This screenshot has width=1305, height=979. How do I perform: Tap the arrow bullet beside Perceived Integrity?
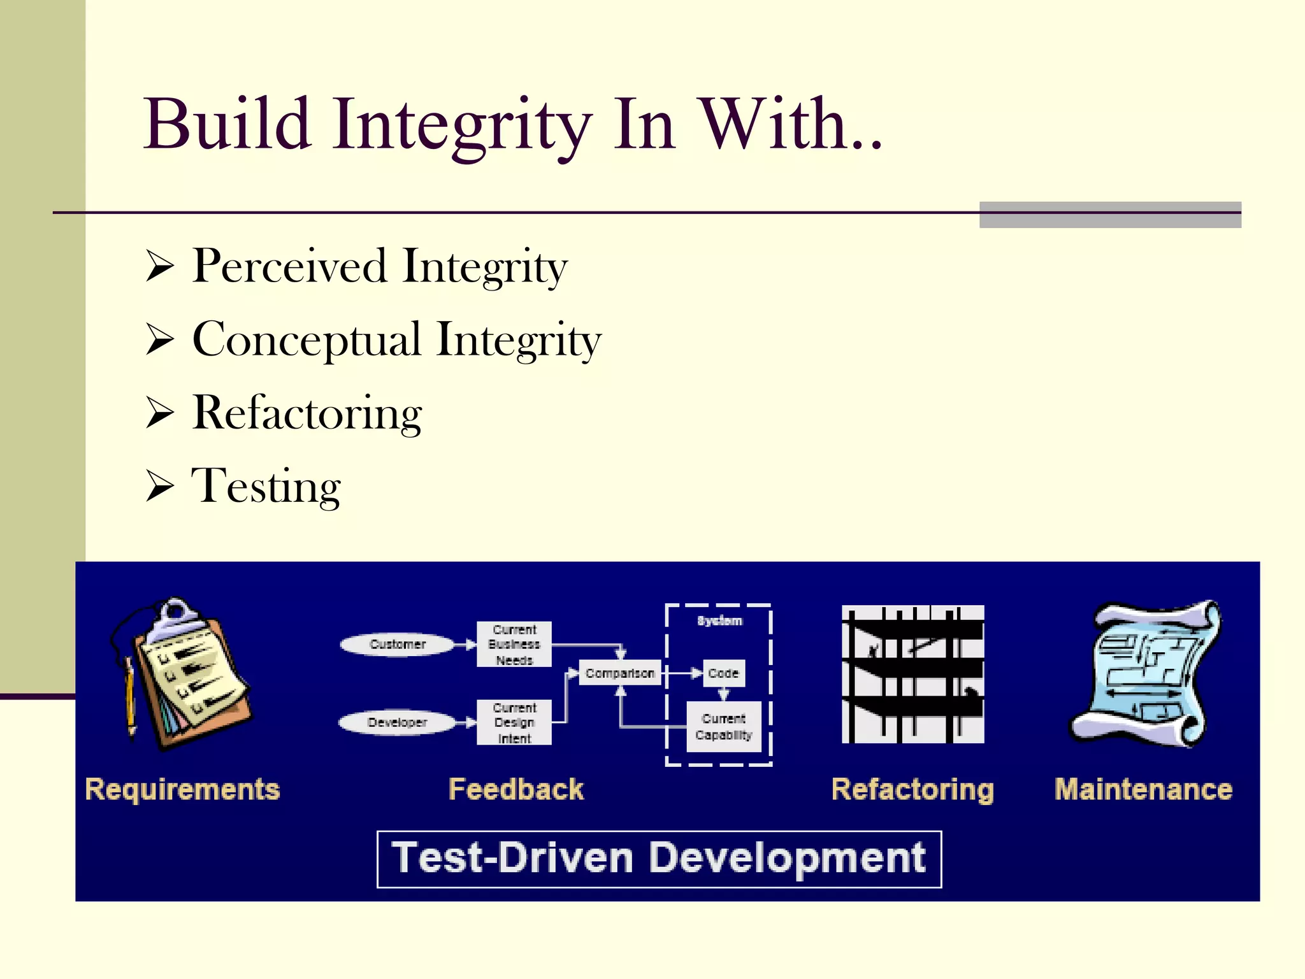pyautogui.click(x=159, y=266)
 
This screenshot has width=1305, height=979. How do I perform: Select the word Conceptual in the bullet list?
pyautogui.click(x=306, y=339)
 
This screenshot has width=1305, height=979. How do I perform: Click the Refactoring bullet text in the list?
pyautogui.click(x=306, y=413)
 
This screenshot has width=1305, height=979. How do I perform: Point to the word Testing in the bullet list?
pyautogui.click(x=266, y=487)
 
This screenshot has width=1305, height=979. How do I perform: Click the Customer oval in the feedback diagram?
pyautogui.click(x=397, y=644)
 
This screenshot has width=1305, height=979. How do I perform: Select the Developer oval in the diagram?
pyautogui.click(x=397, y=722)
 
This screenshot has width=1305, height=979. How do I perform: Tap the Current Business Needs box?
pyautogui.click(x=514, y=645)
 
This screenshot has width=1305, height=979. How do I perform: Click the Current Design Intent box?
pyautogui.click(x=514, y=723)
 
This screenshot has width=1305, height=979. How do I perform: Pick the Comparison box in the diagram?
pyautogui.click(x=619, y=673)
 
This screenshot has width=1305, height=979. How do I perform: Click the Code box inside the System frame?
pyautogui.click(x=723, y=673)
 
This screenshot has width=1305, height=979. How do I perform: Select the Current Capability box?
pyautogui.click(x=723, y=727)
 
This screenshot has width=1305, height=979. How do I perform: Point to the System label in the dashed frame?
pyautogui.click(x=719, y=620)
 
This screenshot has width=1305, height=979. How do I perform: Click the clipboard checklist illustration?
pyautogui.click(x=191, y=675)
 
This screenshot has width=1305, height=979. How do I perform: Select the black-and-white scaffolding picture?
pyautogui.click(x=912, y=674)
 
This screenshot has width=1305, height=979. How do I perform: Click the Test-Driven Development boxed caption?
pyautogui.click(x=659, y=859)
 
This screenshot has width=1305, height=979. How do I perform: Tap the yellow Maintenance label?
pyautogui.click(x=1143, y=789)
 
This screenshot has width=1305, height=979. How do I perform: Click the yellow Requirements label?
pyautogui.click(x=183, y=789)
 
